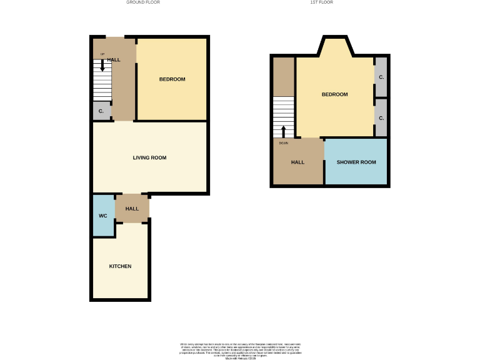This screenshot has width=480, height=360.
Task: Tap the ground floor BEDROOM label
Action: click(x=172, y=79)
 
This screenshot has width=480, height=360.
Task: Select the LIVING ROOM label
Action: click(x=149, y=157)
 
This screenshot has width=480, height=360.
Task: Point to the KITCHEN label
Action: click(x=120, y=266)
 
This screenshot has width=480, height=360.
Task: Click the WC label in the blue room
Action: click(x=103, y=216)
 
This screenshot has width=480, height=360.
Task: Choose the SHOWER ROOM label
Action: click(x=356, y=162)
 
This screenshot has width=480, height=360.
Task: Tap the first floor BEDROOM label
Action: click(x=334, y=94)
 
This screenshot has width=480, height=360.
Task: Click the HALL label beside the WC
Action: click(x=132, y=209)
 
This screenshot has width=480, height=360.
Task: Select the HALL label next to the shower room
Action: click(x=297, y=162)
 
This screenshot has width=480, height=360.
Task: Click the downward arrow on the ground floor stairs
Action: click(x=102, y=65)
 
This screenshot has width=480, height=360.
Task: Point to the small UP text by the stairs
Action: click(x=102, y=54)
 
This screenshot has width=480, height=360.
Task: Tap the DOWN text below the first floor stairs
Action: click(x=283, y=142)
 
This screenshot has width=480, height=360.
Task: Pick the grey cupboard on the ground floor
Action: click(x=101, y=111)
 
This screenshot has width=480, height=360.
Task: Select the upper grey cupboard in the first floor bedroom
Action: click(x=381, y=77)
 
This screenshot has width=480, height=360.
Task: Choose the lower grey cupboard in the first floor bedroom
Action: click(x=381, y=117)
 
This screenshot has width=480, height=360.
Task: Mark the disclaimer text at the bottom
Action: click(x=240, y=350)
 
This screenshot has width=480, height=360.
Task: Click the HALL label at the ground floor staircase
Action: click(x=114, y=60)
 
